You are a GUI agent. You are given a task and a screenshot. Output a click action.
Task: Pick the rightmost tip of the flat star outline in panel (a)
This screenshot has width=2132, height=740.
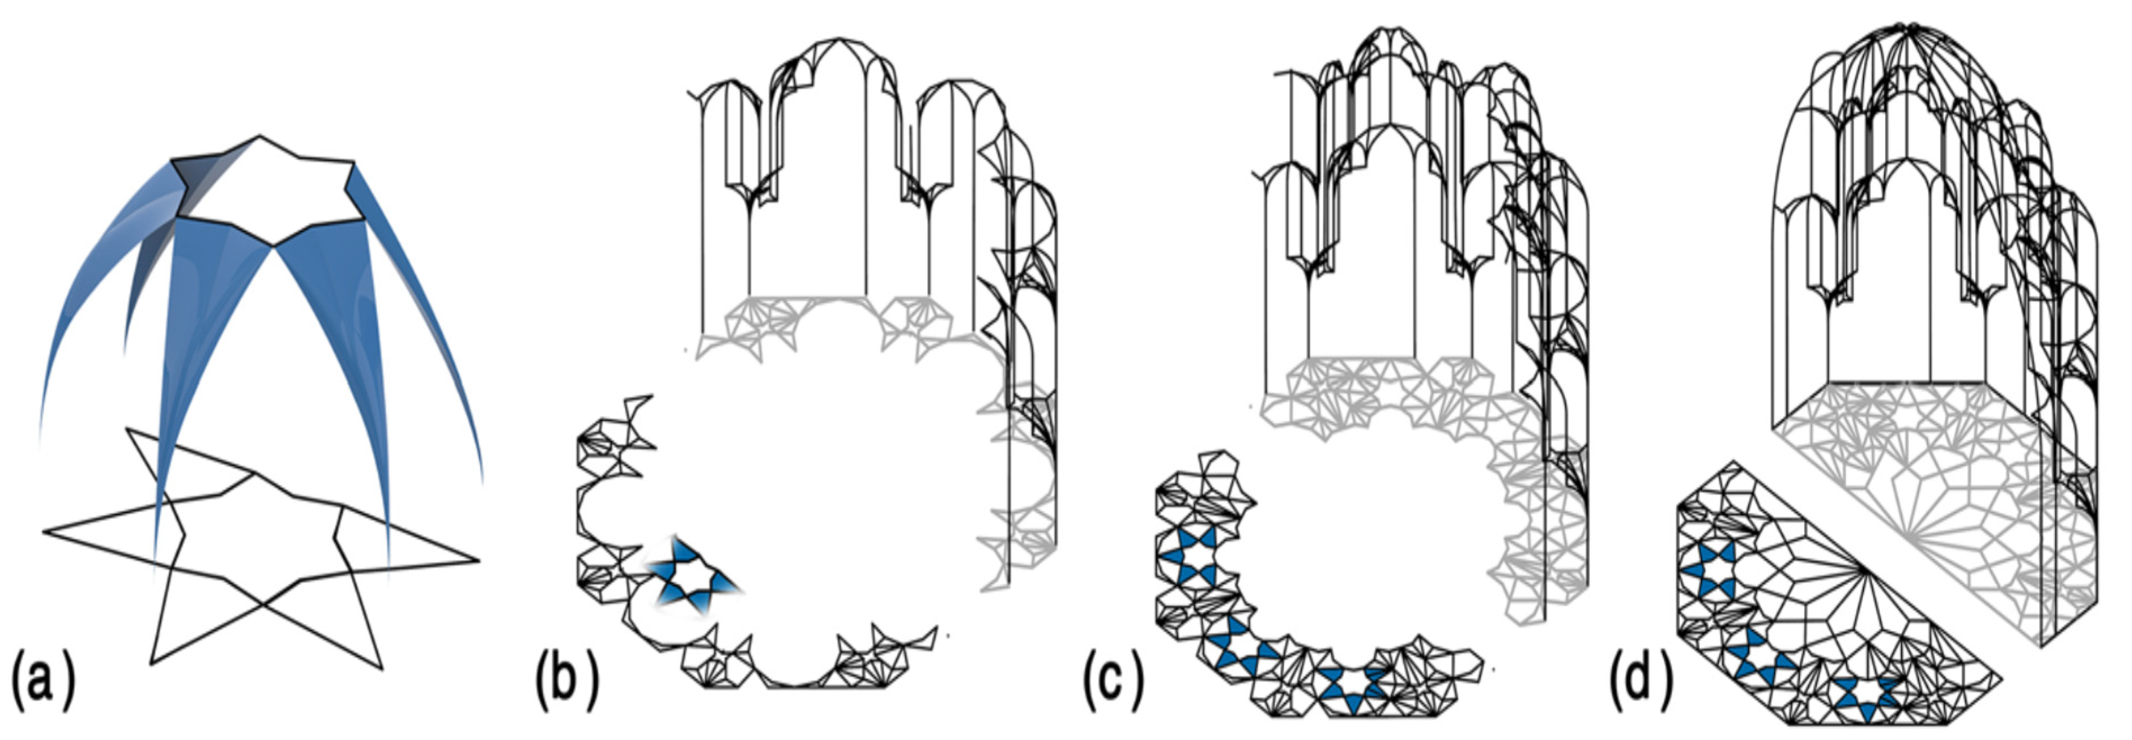click(478, 561)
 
